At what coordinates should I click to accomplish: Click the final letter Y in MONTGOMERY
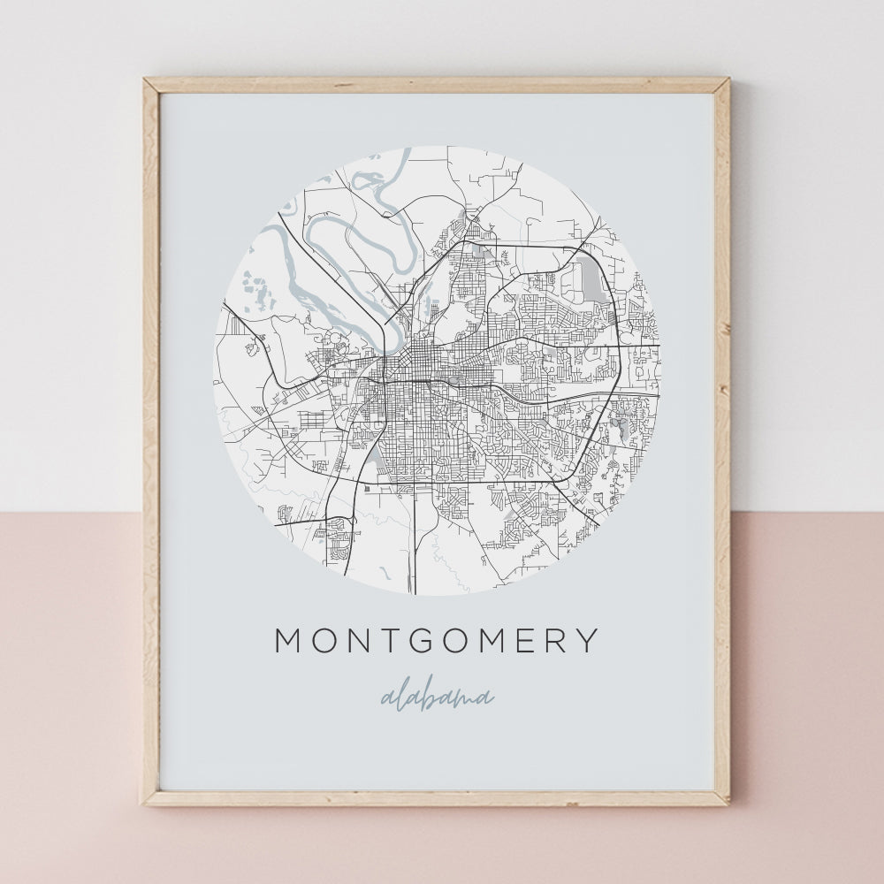pos(586,640)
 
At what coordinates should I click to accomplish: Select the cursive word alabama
pos(437,697)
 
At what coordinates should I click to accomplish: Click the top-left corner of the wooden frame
pos(147,81)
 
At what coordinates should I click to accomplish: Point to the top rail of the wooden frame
pos(437,85)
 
